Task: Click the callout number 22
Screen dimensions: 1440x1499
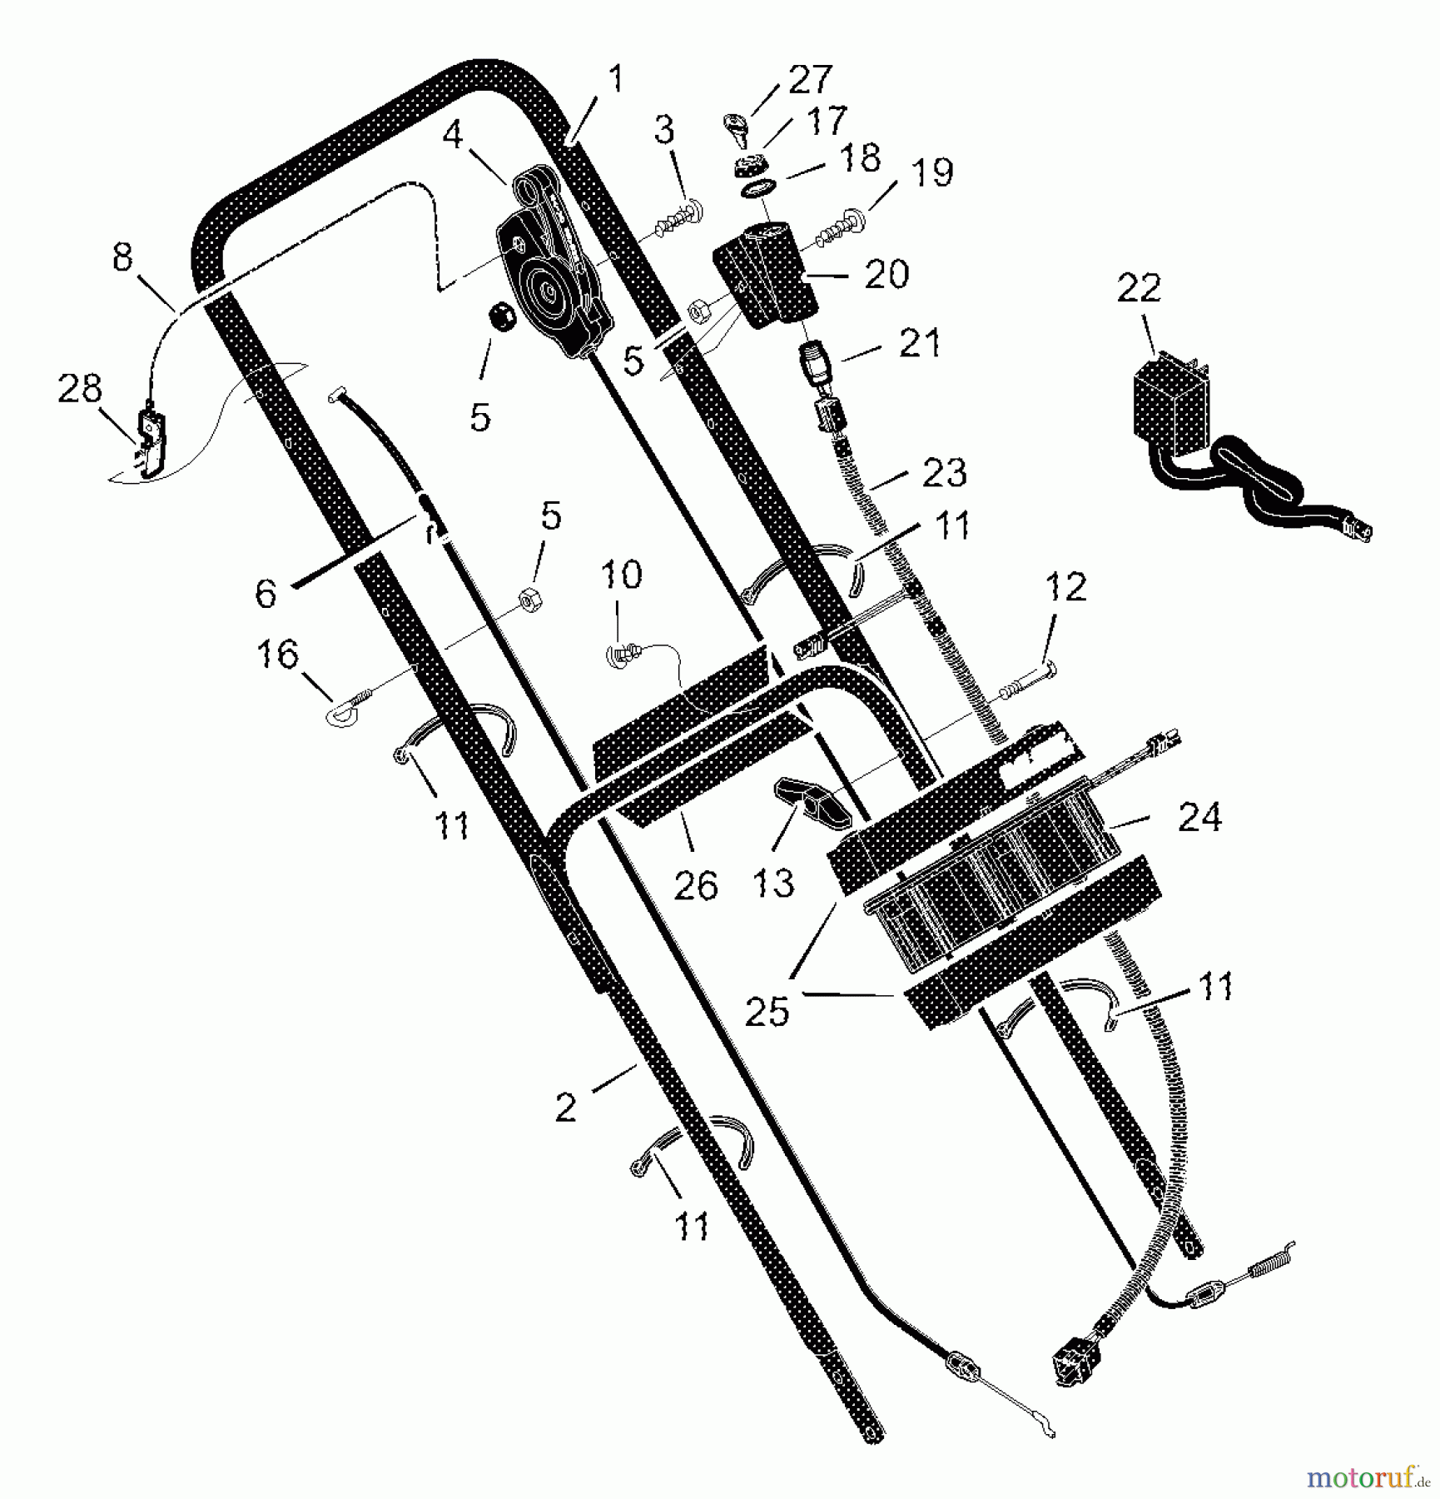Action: click(1138, 288)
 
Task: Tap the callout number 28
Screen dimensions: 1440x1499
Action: click(79, 389)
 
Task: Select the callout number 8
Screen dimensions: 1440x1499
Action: click(122, 257)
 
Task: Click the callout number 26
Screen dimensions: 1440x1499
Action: click(695, 885)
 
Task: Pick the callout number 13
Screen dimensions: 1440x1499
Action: click(773, 883)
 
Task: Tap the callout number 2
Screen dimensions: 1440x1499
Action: click(565, 1108)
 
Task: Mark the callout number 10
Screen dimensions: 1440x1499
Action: click(621, 575)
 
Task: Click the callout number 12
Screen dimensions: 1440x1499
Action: click(1066, 587)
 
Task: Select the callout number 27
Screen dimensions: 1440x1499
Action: click(810, 79)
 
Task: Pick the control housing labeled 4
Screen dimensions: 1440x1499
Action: click(554, 262)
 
